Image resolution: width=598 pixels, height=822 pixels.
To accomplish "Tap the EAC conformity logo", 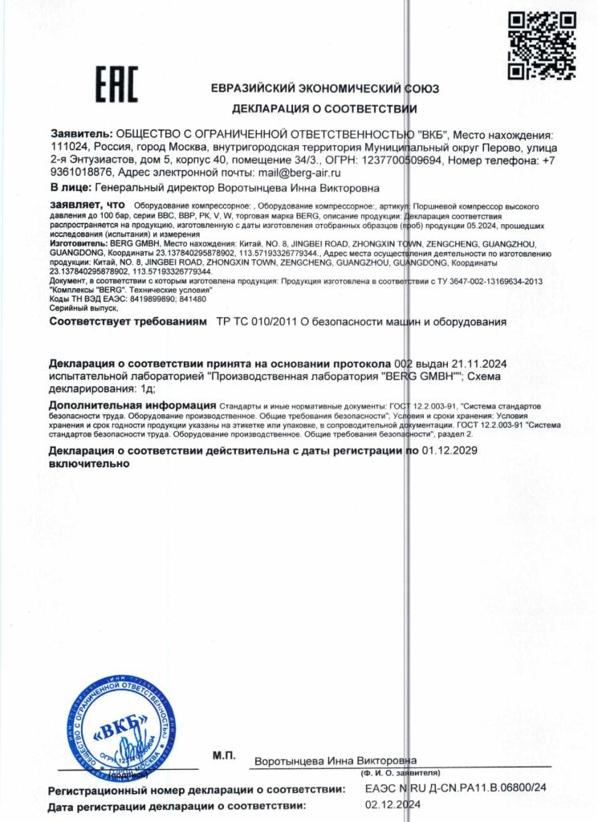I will coord(117,83).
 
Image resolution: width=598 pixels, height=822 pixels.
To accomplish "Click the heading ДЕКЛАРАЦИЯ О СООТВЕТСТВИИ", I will coord(324,108).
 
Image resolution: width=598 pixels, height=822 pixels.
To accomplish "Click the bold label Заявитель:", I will coord(81,135).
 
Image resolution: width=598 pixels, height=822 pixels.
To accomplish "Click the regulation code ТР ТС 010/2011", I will coord(257,322).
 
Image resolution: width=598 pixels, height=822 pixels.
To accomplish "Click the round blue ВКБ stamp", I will coord(122,733).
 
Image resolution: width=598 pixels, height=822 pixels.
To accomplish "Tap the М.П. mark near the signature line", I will coord(224,755).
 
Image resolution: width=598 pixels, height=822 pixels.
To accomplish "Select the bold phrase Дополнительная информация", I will coord(132,405).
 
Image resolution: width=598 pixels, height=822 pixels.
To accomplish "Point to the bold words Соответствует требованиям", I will coord(128,322).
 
